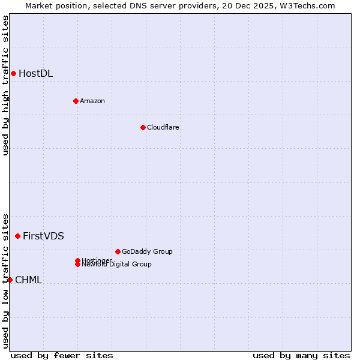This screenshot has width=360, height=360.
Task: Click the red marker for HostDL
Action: pyautogui.click(x=13, y=73)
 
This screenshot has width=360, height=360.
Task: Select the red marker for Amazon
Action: pyautogui.click(x=76, y=101)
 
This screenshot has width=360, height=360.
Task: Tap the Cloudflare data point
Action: pyautogui.click(x=143, y=127)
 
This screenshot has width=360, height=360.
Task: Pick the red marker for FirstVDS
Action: pyautogui.click(x=17, y=236)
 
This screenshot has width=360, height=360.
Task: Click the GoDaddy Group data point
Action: pyautogui.click(x=118, y=251)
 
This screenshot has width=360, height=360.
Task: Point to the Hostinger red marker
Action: pyautogui.click(x=77, y=260)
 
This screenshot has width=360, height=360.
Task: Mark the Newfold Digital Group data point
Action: pyautogui.click(x=78, y=265)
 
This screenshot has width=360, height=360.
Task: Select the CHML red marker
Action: pyautogui.click(x=10, y=280)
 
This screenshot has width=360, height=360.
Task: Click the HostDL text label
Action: pyautogui.click(x=35, y=74)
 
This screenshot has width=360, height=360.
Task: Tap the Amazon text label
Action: pyautogui.click(x=92, y=101)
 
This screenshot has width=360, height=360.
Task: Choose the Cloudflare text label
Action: pyautogui.click(x=163, y=127)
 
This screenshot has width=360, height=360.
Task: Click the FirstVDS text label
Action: pyautogui.click(x=43, y=236)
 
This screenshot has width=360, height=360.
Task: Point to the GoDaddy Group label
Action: pyautogui.click(x=147, y=251)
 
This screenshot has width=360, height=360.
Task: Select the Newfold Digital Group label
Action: pyautogui.click(x=117, y=265)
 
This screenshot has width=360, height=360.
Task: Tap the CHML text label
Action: pyautogui.click(x=28, y=280)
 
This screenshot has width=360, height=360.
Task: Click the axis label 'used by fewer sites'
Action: pyautogui.click(x=62, y=355)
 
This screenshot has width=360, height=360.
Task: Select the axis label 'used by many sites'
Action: pyautogui.click(x=301, y=355)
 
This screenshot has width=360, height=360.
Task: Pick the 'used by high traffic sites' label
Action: pyautogui.click(x=5, y=85)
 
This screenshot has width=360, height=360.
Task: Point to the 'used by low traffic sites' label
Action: pyautogui.click(x=5, y=280)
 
